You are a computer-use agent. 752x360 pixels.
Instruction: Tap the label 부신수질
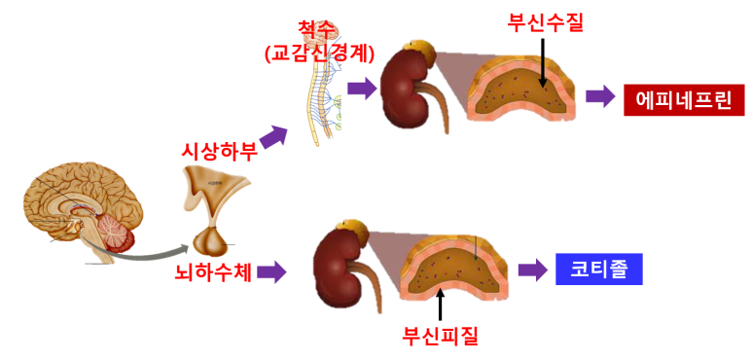point(545,21)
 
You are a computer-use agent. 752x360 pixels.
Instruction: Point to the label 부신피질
point(441,337)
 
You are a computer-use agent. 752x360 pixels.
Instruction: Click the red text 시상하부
point(219,151)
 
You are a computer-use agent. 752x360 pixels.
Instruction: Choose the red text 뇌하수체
point(213,272)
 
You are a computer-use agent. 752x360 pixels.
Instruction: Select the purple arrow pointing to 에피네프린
point(600,97)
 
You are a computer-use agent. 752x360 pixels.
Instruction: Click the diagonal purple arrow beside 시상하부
point(274,138)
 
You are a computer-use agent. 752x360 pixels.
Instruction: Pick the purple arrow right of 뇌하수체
point(272,272)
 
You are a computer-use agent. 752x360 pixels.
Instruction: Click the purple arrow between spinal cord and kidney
point(361,90)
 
